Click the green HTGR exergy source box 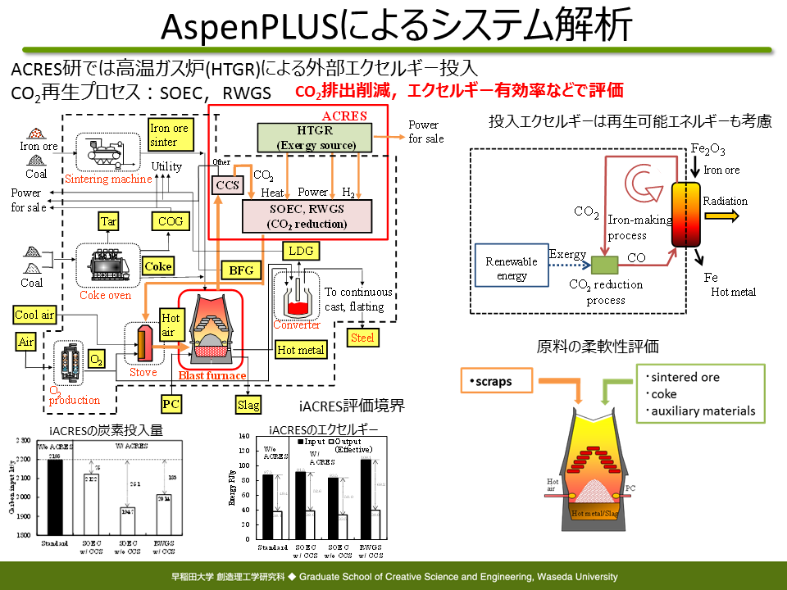(x=315, y=138)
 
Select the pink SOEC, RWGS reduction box (x=307, y=216)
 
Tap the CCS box (x=225, y=186)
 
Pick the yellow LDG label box (x=299, y=250)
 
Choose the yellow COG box (x=171, y=221)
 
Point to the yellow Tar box (x=109, y=221)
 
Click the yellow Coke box (x=158, y=266)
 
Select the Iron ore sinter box (x=170, y=134)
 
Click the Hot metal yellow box (x=301, y=350)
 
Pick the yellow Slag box (x=248, y=404)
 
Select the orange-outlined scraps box (x=497, y=381)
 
